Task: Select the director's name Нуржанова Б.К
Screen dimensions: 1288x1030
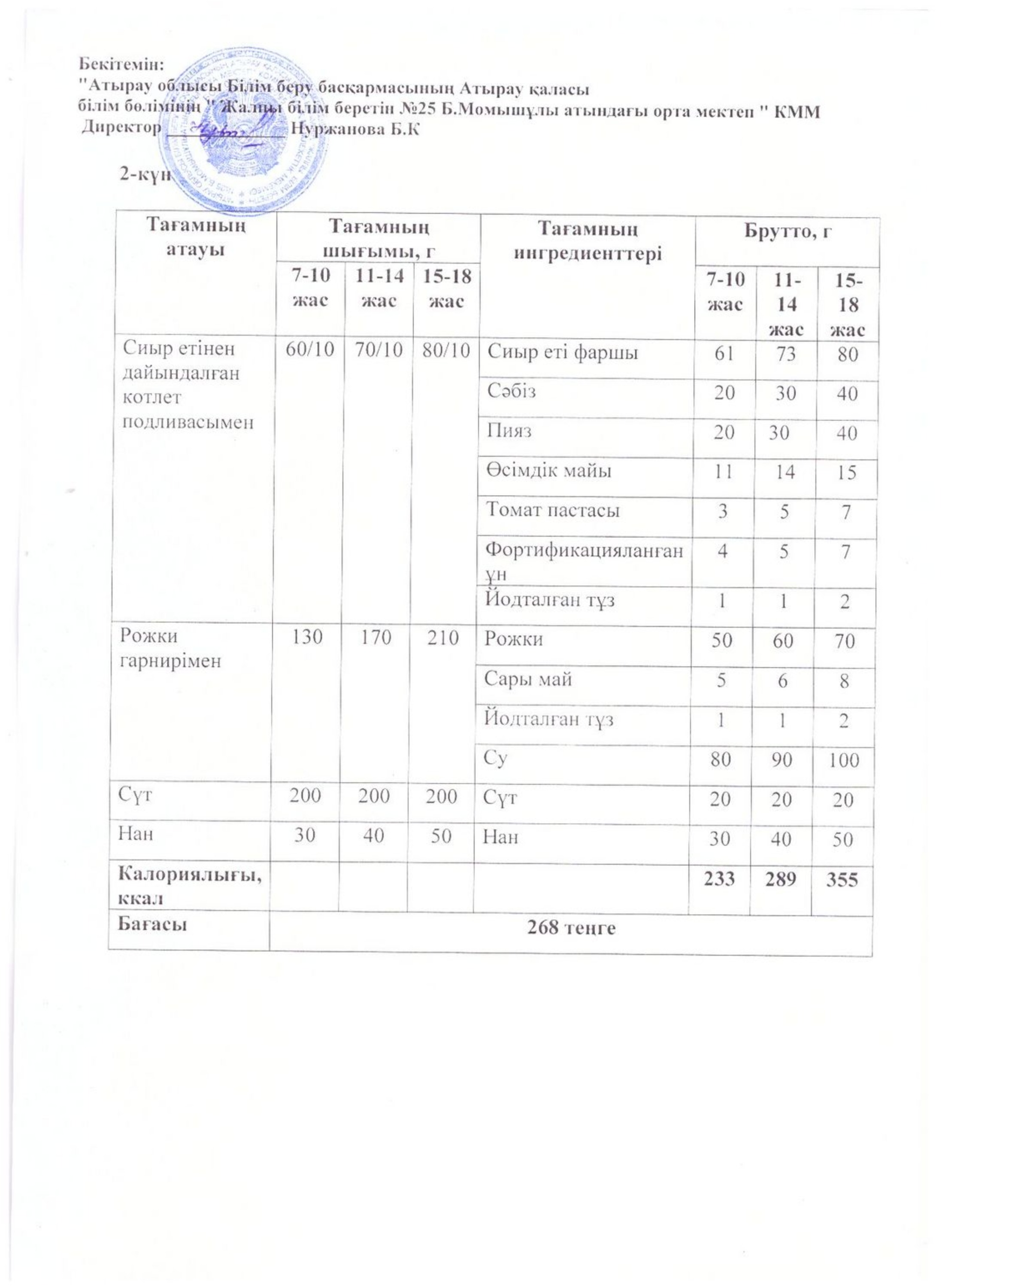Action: [x=354, y=129]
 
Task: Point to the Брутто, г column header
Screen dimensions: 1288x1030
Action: [x=788, y=232]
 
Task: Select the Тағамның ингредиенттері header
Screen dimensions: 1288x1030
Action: [x=588, y=241]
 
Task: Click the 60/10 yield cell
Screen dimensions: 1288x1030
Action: [x=310, y=350]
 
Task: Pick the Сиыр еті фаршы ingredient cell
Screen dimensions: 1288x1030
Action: [x=563, y=352]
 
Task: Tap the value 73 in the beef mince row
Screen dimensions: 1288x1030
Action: [x=786, y=354]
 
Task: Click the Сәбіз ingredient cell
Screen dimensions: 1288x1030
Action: [x=511, y=391]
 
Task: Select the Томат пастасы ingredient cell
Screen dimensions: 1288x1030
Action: [x=552, y=510]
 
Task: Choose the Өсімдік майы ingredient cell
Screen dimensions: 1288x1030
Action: [x=548, y=471]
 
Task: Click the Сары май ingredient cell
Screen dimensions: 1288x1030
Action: [x=528, y=679]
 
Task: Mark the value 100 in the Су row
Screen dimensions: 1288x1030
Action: [x=844, y=760]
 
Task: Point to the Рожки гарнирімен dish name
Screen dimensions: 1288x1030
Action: [x=170, y=648]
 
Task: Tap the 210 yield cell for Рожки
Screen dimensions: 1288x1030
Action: [x=442, y=638]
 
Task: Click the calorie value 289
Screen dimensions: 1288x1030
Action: [x=780, y=879]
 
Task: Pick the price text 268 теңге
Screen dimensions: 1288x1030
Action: [x=571, y=928]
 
